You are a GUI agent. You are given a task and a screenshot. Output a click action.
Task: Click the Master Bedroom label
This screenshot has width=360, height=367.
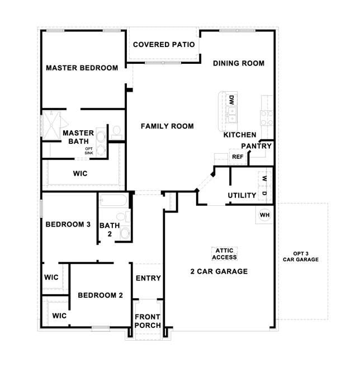[x=82, y=68]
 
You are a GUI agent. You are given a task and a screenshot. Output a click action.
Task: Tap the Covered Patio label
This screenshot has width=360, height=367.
[x=164, y=44]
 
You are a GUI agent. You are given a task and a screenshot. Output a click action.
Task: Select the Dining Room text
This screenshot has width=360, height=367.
[x=239, y=63]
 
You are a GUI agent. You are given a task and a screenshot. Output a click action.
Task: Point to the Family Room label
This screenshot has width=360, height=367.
[x=167, y=126]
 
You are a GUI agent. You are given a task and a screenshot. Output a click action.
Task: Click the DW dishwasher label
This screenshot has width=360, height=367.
[x=231, y=101]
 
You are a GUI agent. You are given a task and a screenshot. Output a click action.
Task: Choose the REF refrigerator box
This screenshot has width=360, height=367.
[x=238, y=157]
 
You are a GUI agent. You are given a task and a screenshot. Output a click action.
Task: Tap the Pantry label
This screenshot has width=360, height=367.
[x=257, y=146]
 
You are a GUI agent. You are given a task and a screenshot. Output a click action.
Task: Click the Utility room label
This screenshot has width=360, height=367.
[x=242, y=195]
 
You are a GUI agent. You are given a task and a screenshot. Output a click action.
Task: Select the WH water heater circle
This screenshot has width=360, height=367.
[x=264, y=215]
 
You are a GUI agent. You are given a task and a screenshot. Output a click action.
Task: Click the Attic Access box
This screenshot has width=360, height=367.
[x=225, y=254]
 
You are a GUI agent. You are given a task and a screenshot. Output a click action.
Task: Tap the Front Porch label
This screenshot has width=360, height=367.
[x=148, y=321]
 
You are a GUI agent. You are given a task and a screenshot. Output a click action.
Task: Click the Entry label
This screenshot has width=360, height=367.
[x=148, y=278]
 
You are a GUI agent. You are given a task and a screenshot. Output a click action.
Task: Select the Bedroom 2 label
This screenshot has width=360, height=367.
[x=100, y=295]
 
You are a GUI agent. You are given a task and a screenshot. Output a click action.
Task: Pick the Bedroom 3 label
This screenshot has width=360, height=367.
[x=68, y=224]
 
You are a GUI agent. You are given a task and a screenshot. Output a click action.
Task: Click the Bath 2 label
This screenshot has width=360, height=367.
[x=110, y=229]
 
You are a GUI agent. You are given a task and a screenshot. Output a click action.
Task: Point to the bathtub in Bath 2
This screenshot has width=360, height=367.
[x=114, y=201]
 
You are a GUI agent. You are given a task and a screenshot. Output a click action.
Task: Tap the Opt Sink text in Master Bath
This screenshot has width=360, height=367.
[x=89, y=150]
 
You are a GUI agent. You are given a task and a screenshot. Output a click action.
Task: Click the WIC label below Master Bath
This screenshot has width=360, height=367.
[x=80, y=173]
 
